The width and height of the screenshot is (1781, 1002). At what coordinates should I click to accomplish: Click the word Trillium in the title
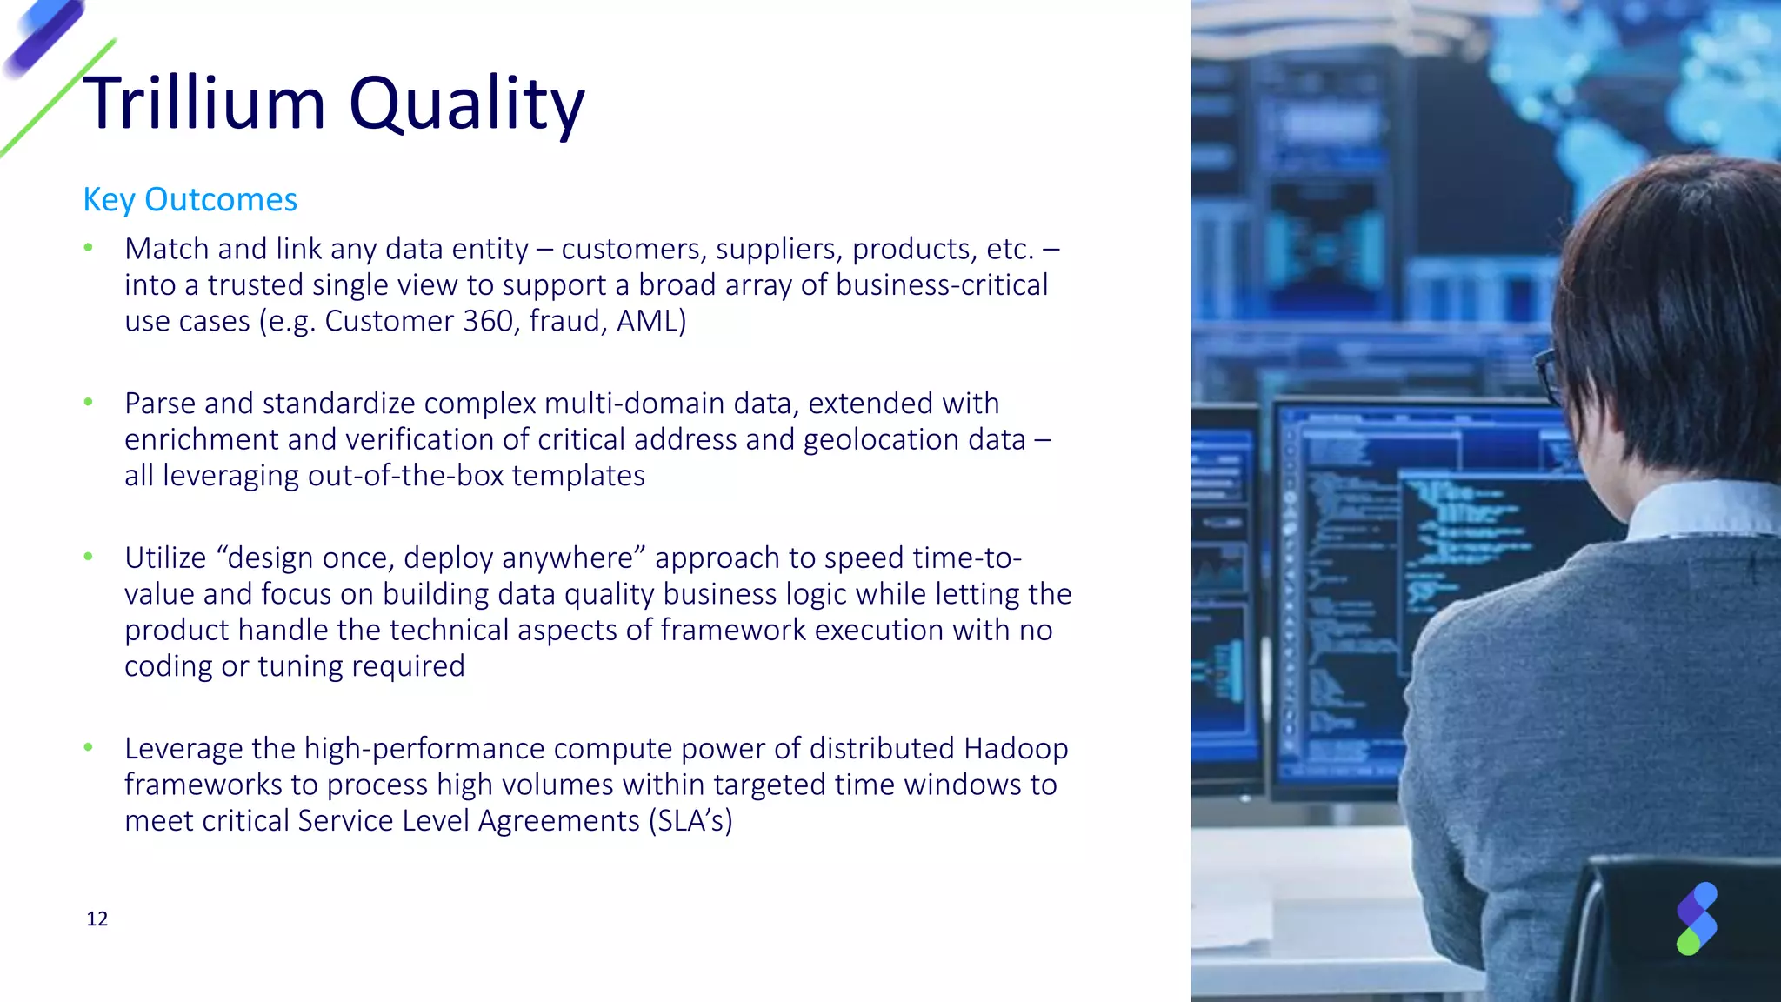(204, 104)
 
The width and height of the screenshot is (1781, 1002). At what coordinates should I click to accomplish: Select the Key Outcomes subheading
(190, 200)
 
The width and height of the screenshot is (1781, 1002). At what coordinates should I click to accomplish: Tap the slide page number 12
(97, 919)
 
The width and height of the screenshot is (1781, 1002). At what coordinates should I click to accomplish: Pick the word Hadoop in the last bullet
(1016, 748)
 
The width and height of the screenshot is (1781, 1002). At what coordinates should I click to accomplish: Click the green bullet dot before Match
(88, 249)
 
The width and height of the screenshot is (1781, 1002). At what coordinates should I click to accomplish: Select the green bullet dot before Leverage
(88, 747)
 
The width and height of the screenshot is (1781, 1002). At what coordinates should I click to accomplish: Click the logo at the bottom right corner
(1696, 918)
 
